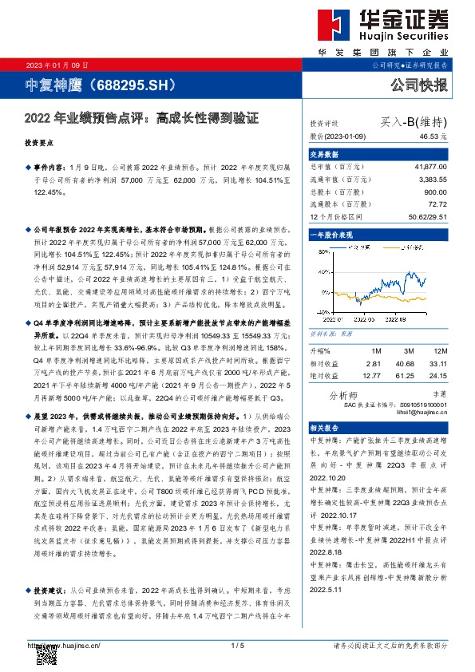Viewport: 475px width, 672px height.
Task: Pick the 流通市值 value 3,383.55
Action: click(433, 180)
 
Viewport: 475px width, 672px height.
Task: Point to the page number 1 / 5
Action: click(236, 645)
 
